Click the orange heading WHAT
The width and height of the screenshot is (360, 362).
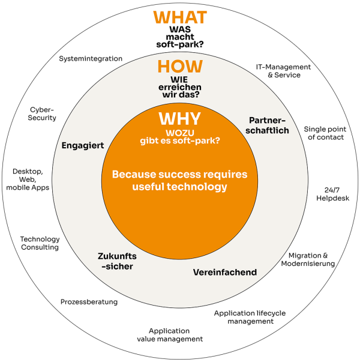(180, 17)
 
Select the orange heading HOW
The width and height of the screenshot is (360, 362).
(180, 67)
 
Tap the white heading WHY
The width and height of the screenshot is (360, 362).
(179, 118)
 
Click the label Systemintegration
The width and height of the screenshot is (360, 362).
(91, 59)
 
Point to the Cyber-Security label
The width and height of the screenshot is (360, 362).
(43, 113)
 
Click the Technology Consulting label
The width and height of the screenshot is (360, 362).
(40, 243)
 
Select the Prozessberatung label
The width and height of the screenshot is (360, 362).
(89, 301)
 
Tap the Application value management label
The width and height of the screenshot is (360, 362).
(169, 335)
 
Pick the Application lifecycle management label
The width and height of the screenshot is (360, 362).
(250, 317)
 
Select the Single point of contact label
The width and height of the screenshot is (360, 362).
(323, 133)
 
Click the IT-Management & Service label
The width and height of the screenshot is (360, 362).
(284, 71)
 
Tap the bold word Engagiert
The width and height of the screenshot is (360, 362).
(83, 145)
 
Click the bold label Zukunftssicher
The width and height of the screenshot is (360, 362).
(116, 261)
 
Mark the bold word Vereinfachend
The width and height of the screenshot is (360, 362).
(225, 273)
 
